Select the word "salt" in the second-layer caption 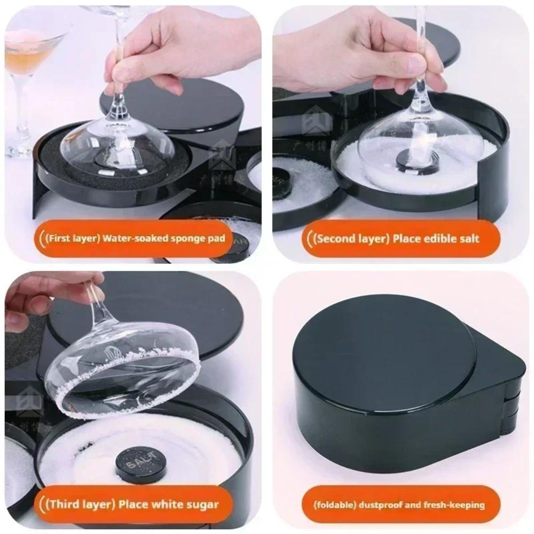point(466,238)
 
